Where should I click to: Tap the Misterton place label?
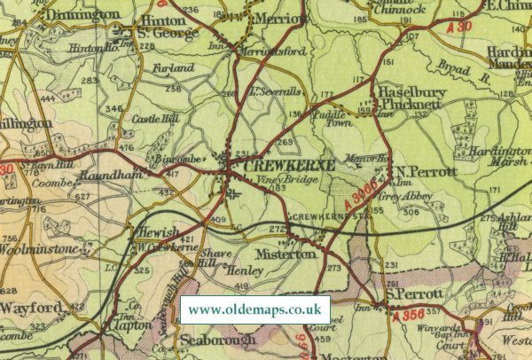point(285,254)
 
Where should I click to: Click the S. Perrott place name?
point(413,293)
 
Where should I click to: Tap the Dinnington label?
point(59,14)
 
